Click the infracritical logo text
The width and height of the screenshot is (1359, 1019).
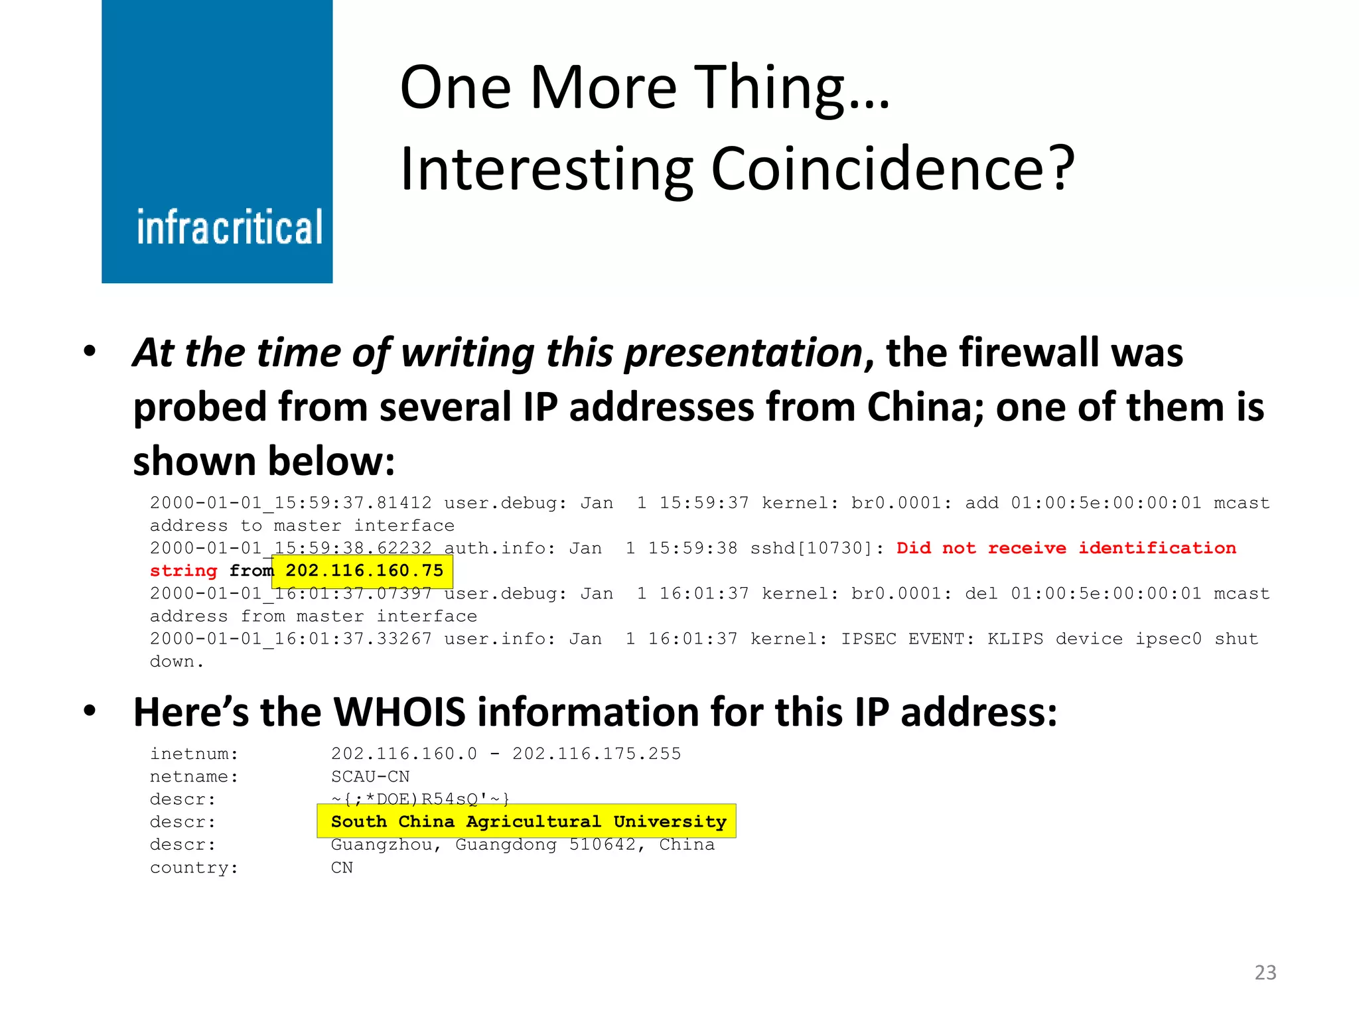coord(229,227)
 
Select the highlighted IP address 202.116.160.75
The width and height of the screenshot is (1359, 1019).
coord(364,571)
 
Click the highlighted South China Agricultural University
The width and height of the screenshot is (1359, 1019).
coord(528,821)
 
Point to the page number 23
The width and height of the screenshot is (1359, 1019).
coord(1265,973)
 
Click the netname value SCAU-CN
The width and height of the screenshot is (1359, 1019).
coord(370,776)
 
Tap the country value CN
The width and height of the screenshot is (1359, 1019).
coord(342,867)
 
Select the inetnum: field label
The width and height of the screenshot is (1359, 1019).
coord(194,754)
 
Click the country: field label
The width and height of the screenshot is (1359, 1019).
coord(194,867)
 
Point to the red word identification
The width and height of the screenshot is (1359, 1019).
coord(1157,548)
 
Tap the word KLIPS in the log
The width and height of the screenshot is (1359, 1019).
coord(1015,639)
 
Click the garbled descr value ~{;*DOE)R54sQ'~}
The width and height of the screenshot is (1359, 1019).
coord(420,799)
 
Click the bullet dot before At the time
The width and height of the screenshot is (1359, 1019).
coord(90,351)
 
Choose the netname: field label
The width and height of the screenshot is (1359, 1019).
coord(194,776)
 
